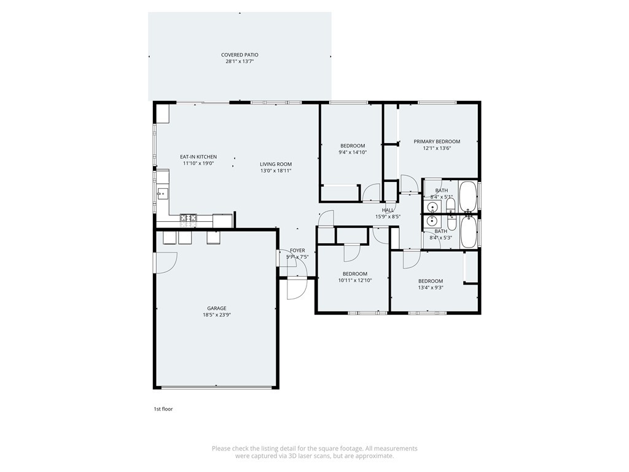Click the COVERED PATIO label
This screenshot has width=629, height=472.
[240, 55]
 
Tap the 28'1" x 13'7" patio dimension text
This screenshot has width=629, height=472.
[240, 61]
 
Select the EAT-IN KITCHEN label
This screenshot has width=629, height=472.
[198, 157]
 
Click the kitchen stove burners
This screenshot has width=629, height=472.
[188, 218]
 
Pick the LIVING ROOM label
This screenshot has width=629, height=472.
[275, 164]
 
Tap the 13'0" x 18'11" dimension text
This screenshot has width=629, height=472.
[275, 171]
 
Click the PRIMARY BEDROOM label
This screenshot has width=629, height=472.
[436, 141]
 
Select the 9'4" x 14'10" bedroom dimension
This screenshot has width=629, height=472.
[353, 152]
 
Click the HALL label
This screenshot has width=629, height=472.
[388, 210]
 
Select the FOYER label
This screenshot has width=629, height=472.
[297, 250]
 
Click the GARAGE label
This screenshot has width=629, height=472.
[216, 308]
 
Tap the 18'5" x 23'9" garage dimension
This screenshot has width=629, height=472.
[216, 315]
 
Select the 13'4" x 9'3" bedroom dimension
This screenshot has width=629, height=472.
[430, 287]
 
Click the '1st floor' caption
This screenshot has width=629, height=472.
[163, 409]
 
